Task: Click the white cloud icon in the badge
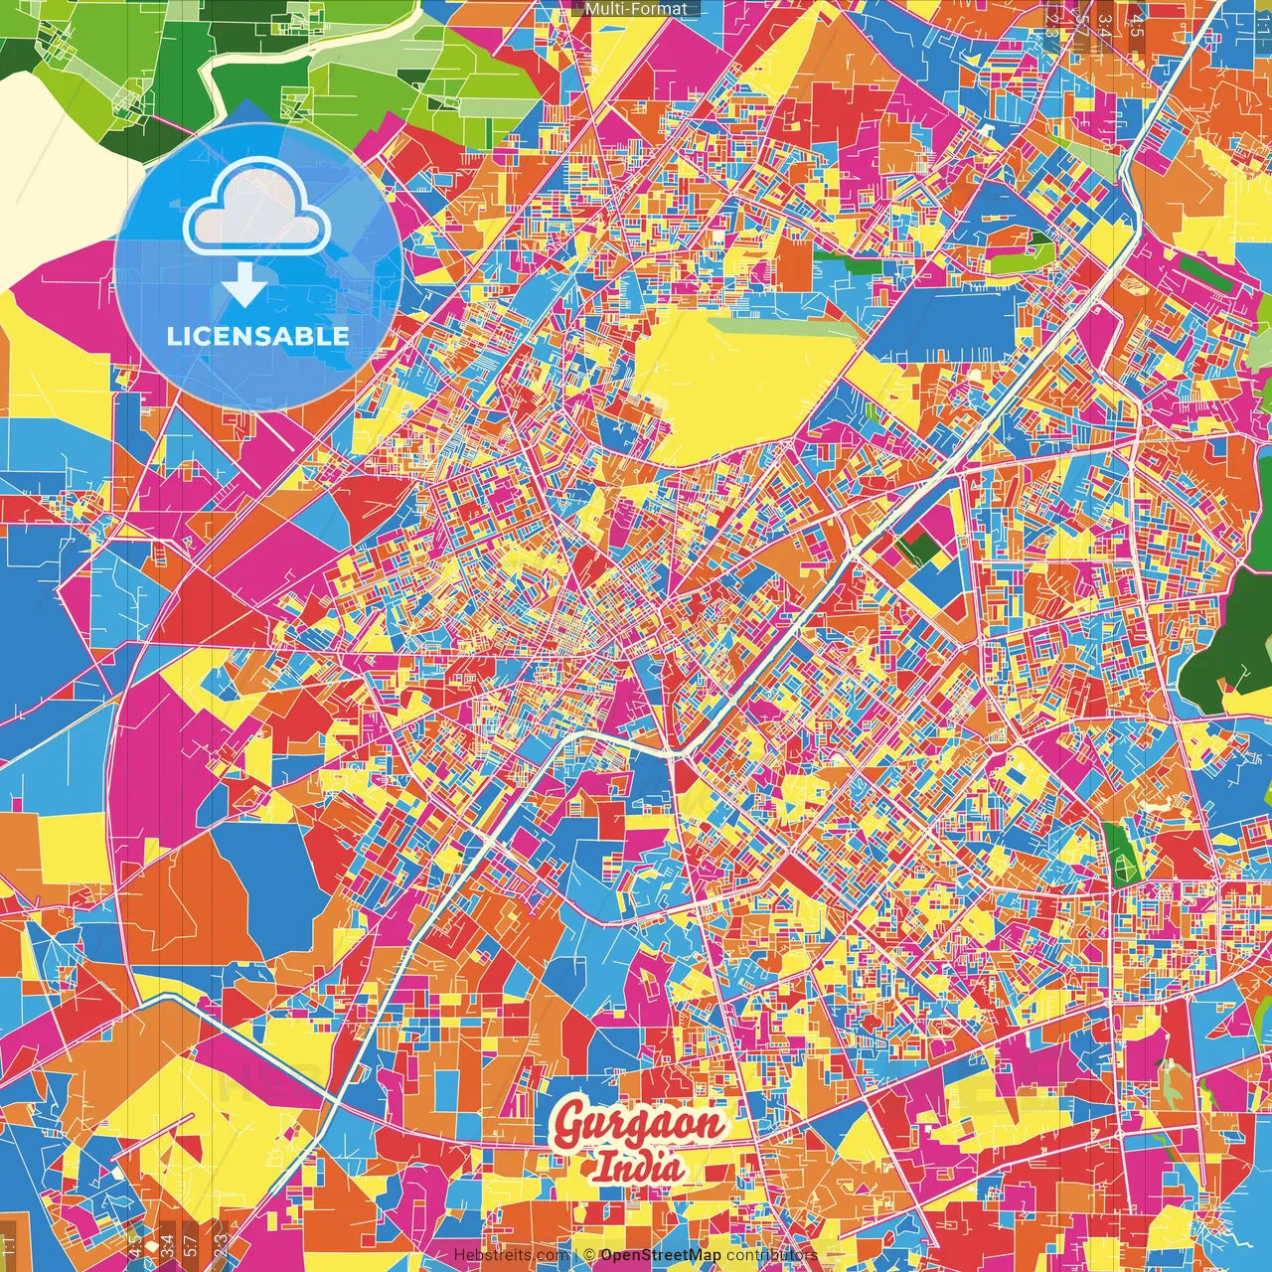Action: (x=256, y=210)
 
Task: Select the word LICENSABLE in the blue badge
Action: (x=257, y=336)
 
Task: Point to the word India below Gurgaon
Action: (x=639, y=1167)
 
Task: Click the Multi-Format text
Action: (x=636, y=9)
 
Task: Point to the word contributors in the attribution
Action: (x=772, y=1255)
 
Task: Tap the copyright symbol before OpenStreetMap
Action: (x=588, y=1255)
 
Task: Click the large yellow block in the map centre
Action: (x=740, y=383)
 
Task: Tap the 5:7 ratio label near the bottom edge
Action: (x=190, y=1241)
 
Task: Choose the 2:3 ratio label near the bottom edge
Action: (x=221, y=1241)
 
